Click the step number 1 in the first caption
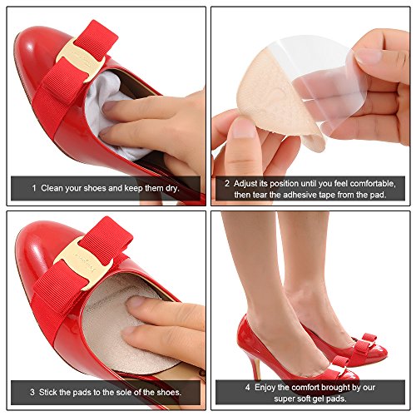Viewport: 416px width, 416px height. pyautogui.click(x=34, y=188)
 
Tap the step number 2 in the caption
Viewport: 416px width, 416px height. pyautogui.click(x=227, y=184)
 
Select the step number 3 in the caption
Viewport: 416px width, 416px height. pyautogui.click(x=32, y=393)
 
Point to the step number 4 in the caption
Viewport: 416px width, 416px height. pyautogui.click(x=248, y=388)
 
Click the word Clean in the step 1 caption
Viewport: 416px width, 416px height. pyautogui.click(x=51, y=188)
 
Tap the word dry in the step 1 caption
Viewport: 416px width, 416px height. pyautogui.click(x=172, y=189)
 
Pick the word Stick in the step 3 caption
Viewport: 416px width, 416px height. pyautogui.click(x=47, y=393)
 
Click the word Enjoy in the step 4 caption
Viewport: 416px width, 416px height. pyautogui.click(x=265, y=388)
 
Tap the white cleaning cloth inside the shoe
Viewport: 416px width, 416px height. pyautogui.click(x=110, y=111)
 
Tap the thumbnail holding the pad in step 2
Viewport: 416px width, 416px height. pyautogui.click(x=244, y=128)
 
